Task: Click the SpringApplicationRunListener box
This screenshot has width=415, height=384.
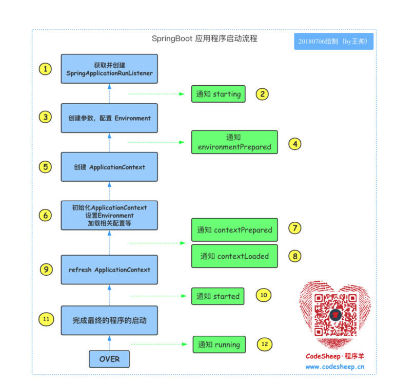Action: click(x=109, y=69)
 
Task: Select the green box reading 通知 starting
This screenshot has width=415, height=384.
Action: click(x=218, y=94)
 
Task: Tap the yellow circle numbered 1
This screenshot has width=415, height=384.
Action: click(x=46, y=69)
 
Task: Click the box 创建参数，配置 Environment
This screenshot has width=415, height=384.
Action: click(x=109, y=118)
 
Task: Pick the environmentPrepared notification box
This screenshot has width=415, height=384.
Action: click(x=234, y=142)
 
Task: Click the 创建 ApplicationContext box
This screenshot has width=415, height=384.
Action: click(x=109, y=167)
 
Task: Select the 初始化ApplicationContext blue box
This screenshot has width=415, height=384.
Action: click(x=109, y=215)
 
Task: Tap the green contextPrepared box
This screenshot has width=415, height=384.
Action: click(x=234, y=230)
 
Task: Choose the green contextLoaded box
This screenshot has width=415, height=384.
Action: click(x=234, y=256)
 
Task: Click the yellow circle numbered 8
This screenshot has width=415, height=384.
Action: click(x=294, y=255)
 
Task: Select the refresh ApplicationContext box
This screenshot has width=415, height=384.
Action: click(x=109, y=270)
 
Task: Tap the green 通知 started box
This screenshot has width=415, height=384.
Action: click(x=218, y=296)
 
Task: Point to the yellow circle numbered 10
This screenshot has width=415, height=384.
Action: click(x=264, y=295)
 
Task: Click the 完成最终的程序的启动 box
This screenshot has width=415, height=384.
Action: click(x=109, y=320)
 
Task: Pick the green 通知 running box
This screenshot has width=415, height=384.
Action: click(x=219, y=344)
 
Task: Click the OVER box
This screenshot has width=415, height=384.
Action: click(x=109, y=358)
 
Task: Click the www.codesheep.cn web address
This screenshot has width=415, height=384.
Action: click(x=335, y=367)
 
